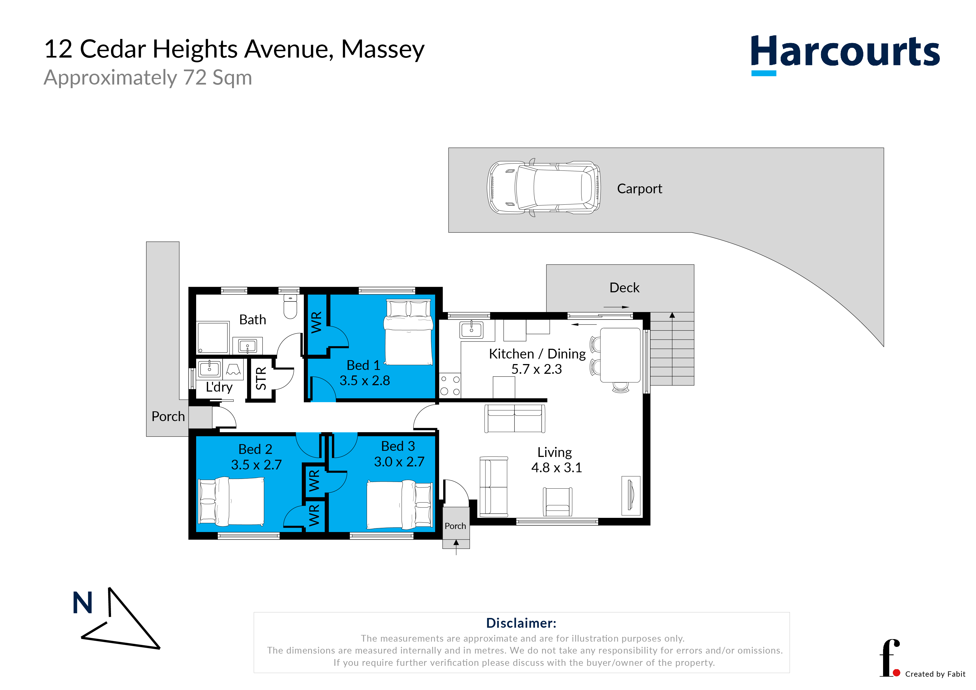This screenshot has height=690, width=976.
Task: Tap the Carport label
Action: [639, 189]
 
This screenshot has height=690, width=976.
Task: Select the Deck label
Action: [624, 288]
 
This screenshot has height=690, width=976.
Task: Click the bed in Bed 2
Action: [232, 501]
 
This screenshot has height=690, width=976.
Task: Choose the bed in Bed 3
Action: [400, 505]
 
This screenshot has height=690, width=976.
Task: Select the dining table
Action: [620, 355]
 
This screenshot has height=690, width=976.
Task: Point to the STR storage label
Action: [261, 379]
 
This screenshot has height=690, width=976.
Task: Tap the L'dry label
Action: [219, 387]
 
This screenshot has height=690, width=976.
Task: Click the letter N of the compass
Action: [82, 602]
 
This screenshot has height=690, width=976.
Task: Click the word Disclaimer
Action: [521, 623]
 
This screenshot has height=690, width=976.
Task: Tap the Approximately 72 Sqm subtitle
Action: [148, 78]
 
